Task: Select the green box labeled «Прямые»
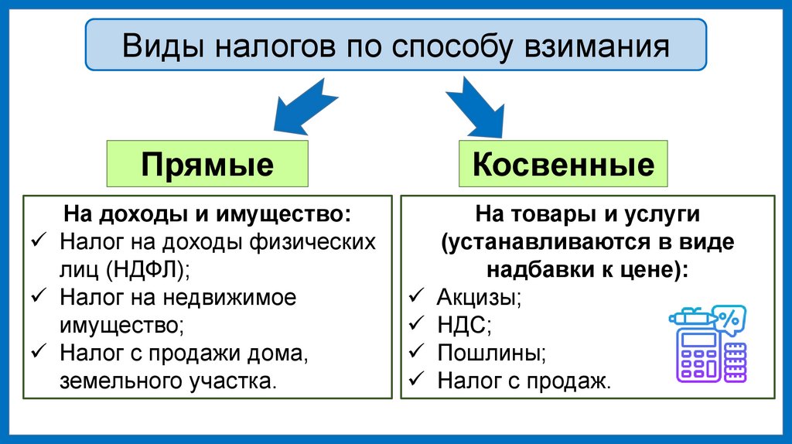pos(207,164)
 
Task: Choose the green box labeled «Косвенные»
pos(562,164)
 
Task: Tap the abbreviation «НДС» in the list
pos(463,325)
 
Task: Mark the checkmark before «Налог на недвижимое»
pos(40,296)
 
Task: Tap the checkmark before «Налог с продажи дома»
pos(40,352)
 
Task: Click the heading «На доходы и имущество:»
pos(207,213)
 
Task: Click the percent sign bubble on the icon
pos(728,318)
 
